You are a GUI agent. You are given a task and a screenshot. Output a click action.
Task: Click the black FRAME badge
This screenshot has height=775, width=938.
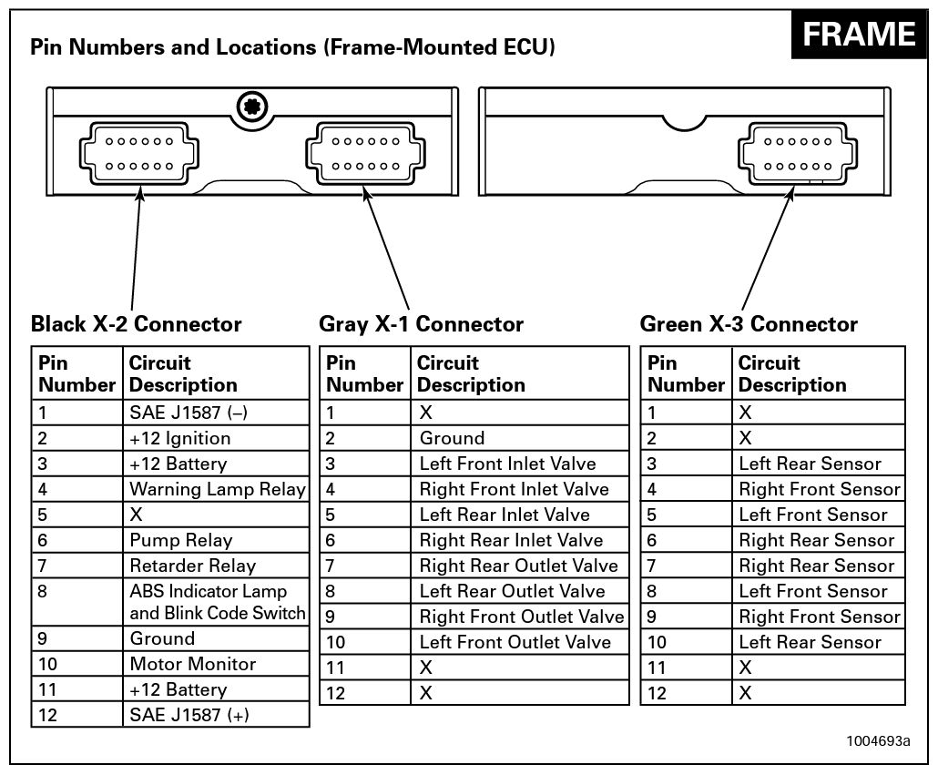point(859,35)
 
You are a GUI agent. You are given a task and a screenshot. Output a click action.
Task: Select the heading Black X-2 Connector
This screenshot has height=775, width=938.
point(137,324)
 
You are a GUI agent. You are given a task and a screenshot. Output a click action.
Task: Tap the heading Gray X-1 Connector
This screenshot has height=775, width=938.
point(422,324)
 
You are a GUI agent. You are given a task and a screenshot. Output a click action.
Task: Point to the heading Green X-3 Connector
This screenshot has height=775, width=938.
point(749,324)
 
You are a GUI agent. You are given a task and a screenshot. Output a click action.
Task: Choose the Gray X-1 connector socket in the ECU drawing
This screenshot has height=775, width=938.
point(366,154)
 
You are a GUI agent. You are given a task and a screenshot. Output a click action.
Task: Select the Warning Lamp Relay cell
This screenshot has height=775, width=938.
point(217,489)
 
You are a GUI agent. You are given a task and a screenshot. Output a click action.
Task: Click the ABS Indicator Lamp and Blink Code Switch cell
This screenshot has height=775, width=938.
point(217,602)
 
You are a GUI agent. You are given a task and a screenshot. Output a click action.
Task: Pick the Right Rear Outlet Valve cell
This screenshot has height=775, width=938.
point(518,566)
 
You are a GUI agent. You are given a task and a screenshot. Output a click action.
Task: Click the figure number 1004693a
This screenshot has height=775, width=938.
point(878,739)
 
